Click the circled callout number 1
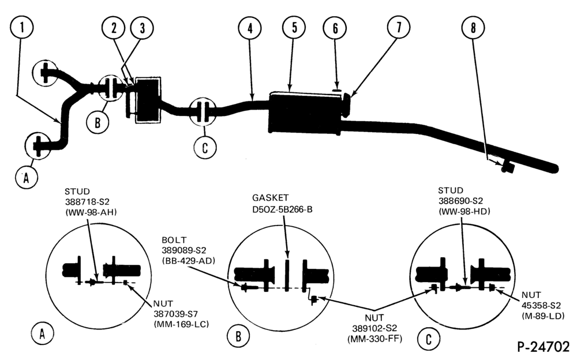click(22, 28)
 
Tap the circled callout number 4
click(250, 28)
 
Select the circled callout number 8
click(473, 28)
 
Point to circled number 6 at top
click(335, 28)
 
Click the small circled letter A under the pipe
click(26, 178)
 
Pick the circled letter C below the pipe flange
click(205, 148)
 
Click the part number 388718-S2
click(87, 202)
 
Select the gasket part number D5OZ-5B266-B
click(282, 209)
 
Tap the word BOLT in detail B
click(174, 240)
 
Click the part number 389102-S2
click(374, 328)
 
